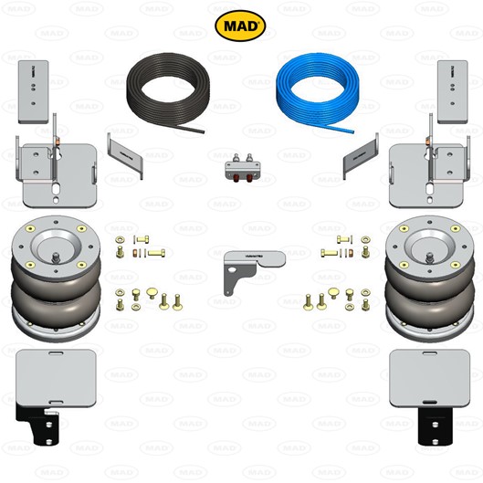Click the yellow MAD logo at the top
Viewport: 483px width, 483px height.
(x=240, y=26)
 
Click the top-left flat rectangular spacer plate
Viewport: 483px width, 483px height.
(x=33, y=92)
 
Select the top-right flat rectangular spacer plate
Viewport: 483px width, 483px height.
(x=453, y=92)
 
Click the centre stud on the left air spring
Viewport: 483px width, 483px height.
(x=56, y=257)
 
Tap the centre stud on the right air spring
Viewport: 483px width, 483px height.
(x=430, y=257)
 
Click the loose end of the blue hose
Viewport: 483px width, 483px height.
(x=353, y=132)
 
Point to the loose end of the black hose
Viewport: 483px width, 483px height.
(x=204, y=131)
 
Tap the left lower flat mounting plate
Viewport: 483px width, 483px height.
(x=56, y=378)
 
